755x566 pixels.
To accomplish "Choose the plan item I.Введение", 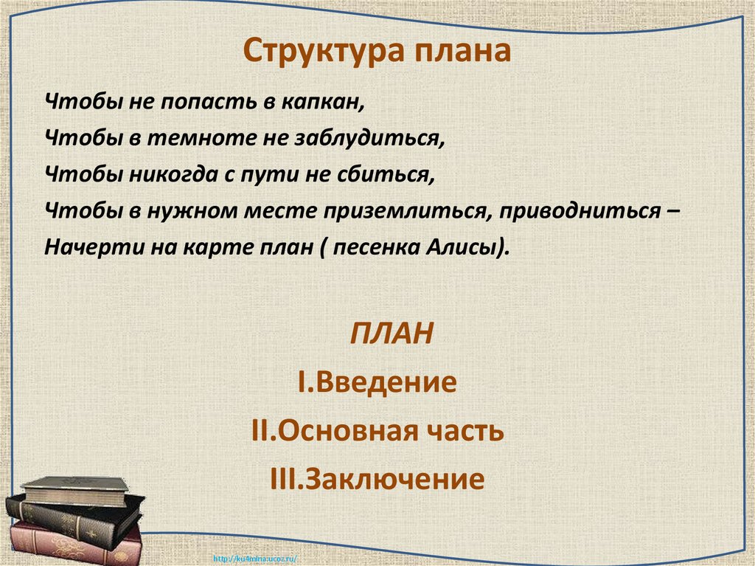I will pyautogui.click(x=377, y=382).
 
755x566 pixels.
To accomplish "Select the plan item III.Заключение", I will pyautogui.click(x=377, y=480).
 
